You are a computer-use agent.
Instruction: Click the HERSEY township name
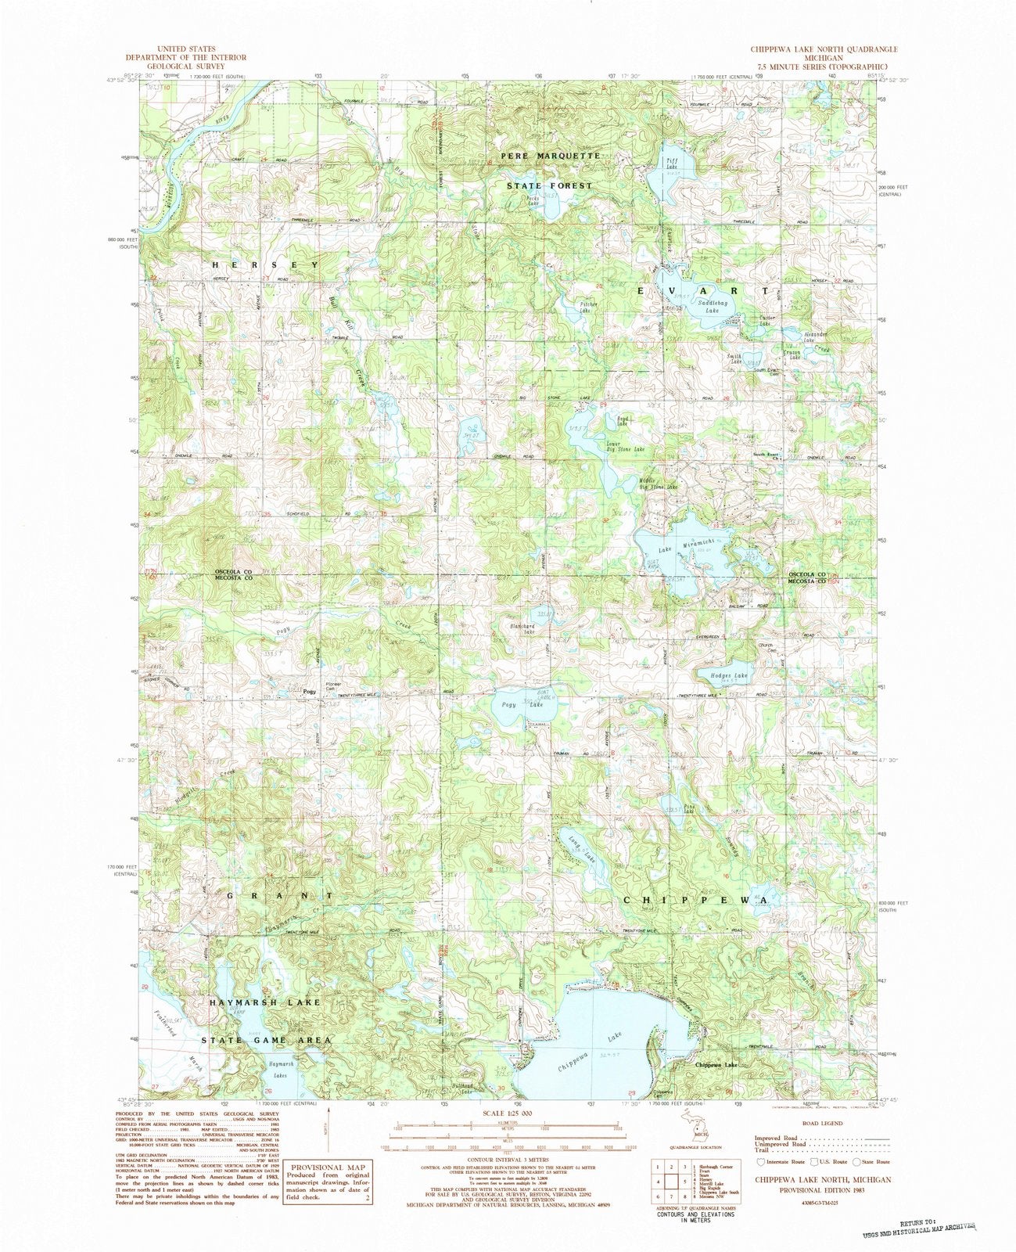point(266,265)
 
